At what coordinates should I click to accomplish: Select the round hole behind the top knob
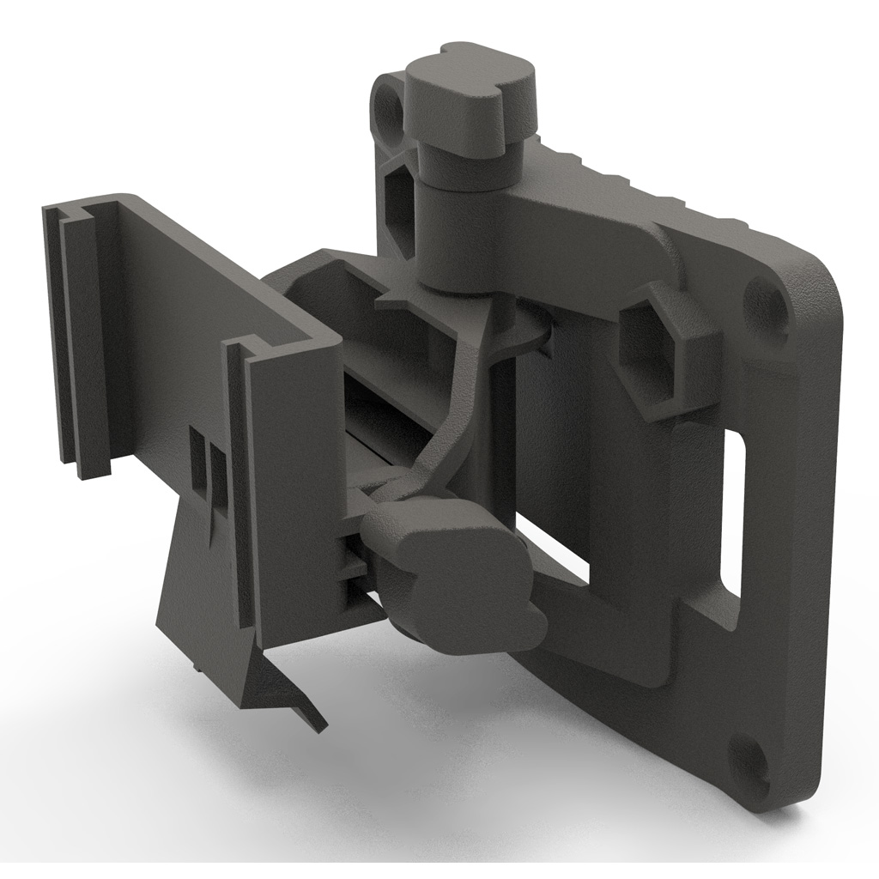[390, 107]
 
